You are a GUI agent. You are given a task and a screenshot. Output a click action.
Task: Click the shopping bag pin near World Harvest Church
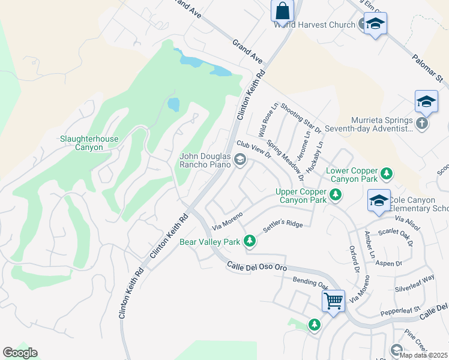click(x=282, y=11)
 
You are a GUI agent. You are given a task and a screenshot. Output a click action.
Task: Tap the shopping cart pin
click(x=333, y=300)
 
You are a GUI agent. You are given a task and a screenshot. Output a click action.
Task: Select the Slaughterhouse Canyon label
click(x=89, y=143)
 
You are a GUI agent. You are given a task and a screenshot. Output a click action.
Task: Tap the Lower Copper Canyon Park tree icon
click(x=387, y=175)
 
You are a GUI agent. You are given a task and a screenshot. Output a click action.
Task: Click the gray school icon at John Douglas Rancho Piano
click(x=240, y=159)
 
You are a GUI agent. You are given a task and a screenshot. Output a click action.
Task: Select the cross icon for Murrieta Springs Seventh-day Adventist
click(x=422, y=123)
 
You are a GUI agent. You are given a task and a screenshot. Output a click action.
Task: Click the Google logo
click(x=20, y=353)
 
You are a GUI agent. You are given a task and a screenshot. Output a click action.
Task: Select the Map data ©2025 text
click(x=423, y=355)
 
